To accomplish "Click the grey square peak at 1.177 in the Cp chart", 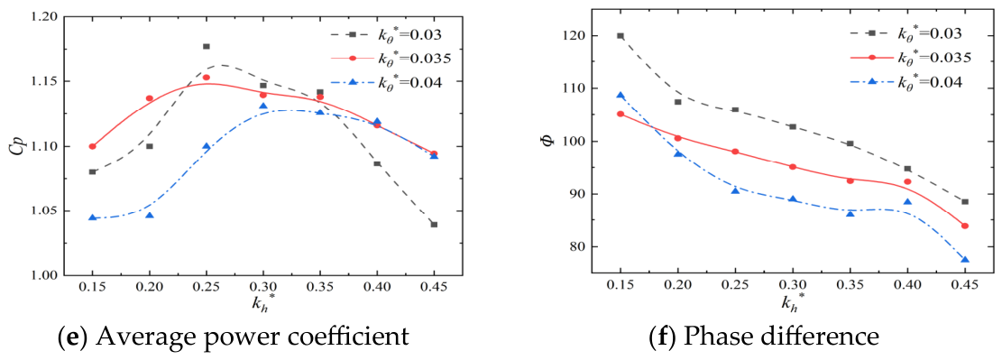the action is click(207, 46).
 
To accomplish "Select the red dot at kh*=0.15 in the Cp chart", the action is click(93, 146).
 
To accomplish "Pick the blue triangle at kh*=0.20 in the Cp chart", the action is click(150, 216).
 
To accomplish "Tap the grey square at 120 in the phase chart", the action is click(621, 36).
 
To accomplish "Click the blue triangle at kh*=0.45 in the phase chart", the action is click(965, 260).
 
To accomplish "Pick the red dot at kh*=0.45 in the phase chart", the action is click(965, 226).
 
